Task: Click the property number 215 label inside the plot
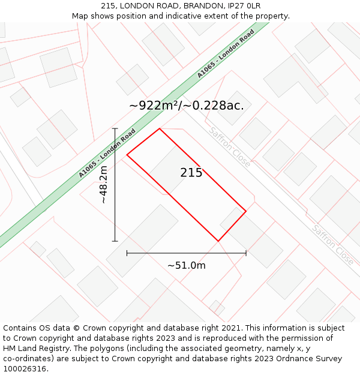pyautogui.click(x=191, y=173)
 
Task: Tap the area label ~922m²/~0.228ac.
pyautogui.click(x=186, y=106)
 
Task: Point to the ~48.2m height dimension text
pyautogui.click(x=103, y=185)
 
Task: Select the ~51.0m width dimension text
pyautogui.click(x=186, y=265)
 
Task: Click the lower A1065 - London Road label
pyautogui.click(x=107, y=153)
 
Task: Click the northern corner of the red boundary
pyautogui.click(x=159, y=128)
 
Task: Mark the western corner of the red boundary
pyautogui.click(x=127, y=155)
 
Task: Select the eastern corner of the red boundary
pyautogui.click(x=246, y=211)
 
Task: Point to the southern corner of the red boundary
pyautogui.click(x=218, y=241)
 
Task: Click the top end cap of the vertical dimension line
pyautogui.click(x=115, y=128)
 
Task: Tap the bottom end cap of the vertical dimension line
pyautogui.click(x=115, y=241)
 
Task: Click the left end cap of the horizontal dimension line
pyautogui.click(x=127, y=253)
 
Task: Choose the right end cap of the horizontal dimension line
pyautogui.click(x=246, y=253)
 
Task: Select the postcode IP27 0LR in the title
pyautogui.click(x=246, y=6)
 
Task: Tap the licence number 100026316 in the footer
pyautogui.click(x=24, y=369)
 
